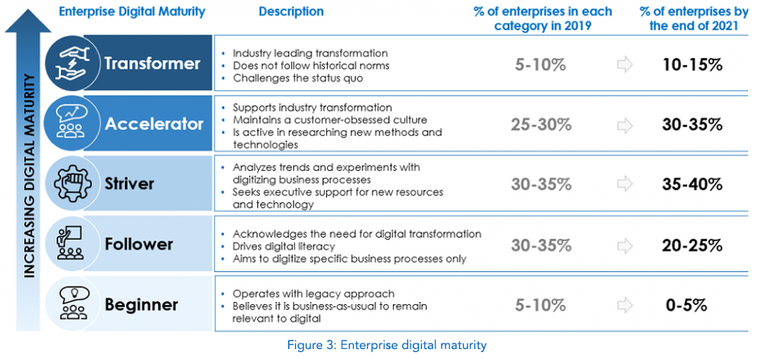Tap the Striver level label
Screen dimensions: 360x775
point(129,184)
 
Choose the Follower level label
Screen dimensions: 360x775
point(138,244)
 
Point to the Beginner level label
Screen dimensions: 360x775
point(141,304)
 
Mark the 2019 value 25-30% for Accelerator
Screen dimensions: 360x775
point(541,125)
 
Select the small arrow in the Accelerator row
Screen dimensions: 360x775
point(624,125)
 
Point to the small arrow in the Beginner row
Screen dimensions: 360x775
point(624,305)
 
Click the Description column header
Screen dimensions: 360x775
point(290,12)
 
